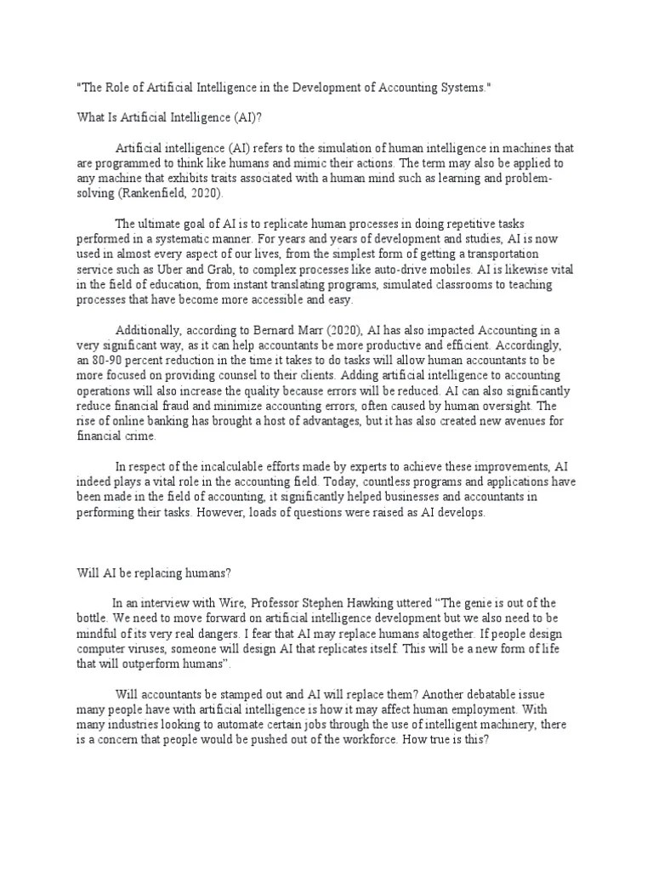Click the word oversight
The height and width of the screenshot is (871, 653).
point(497,407)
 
